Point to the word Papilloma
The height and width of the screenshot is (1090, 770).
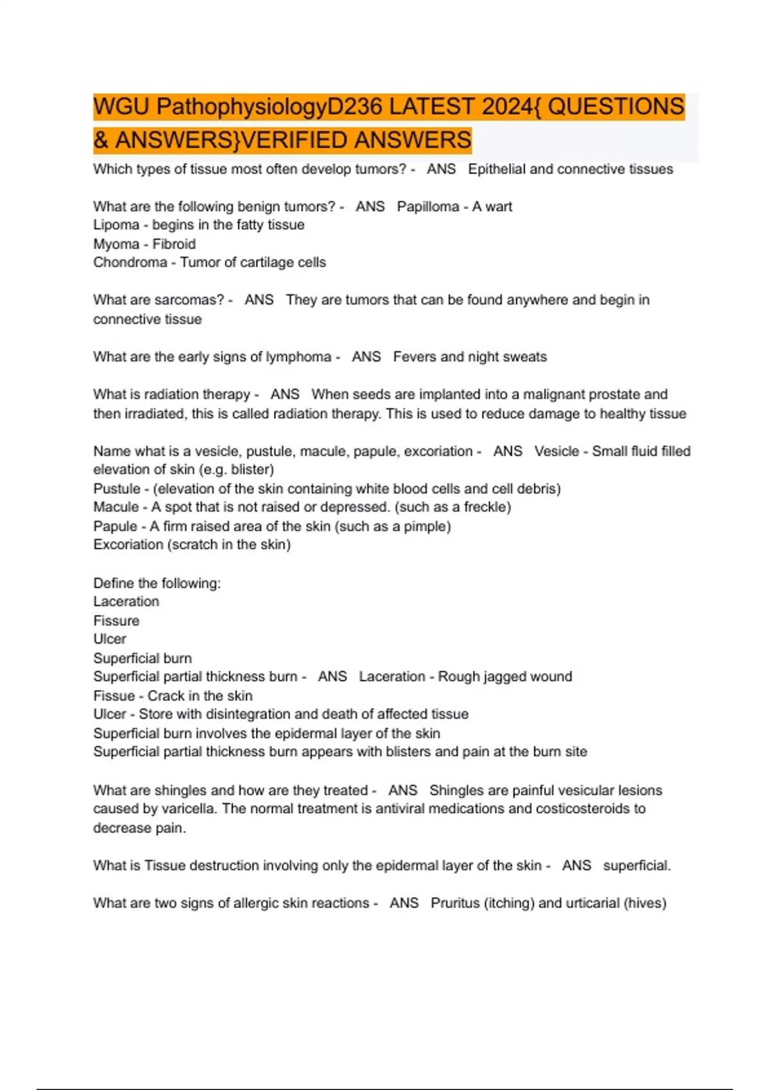click(x=428, y=206)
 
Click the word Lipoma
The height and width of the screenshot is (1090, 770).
click(x=116, y=225)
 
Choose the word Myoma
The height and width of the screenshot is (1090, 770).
click(x=116, y=244)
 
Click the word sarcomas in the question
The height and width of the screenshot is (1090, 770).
click(x=190, y=300)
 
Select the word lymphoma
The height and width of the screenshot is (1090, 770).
click(x=298, y=356)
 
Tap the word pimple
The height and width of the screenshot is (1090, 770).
click(x=426, y=526)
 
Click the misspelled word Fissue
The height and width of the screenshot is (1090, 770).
click(x=114, y=696)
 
